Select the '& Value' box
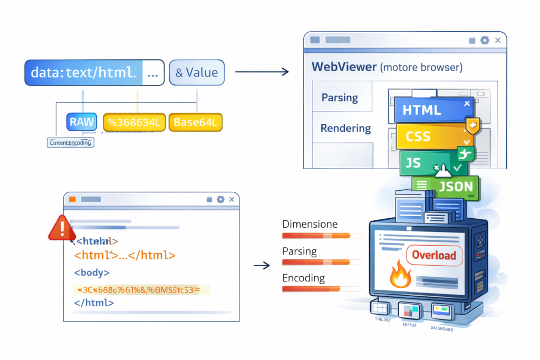click(197, 73)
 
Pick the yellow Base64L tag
click(195, 122)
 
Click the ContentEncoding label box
click(71, 142)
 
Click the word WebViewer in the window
click(344, 67)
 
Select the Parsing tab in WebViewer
click(340, 98)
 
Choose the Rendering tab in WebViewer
click(345, 128)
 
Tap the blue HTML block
click(428, 110)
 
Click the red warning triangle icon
click(62, 228)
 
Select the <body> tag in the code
click(92, 273)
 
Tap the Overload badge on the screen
click(433, 256)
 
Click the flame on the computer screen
click(400, 276)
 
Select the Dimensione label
click(310, 224)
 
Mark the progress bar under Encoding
click(322, 289)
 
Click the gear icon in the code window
click(220, 199)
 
